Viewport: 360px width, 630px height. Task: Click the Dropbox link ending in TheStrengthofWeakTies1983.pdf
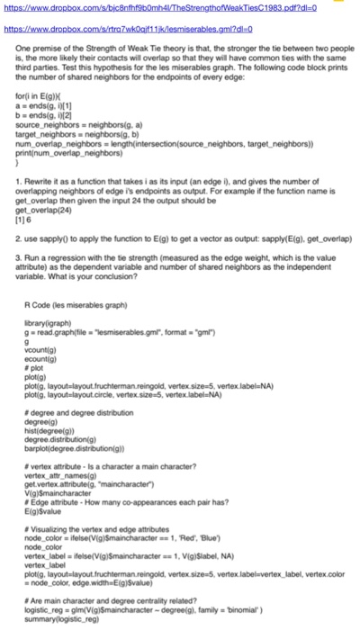click(135, 9)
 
